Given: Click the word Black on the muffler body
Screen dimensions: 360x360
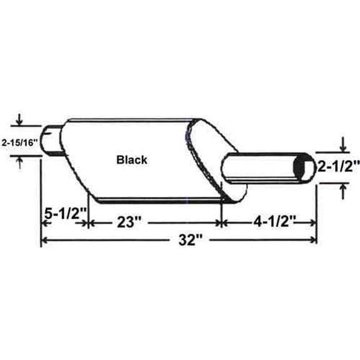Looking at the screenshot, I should point(132,159).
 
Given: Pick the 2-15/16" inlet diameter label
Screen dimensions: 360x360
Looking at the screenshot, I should point(19,142).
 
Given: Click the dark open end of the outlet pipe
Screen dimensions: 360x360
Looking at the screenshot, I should point(305,167).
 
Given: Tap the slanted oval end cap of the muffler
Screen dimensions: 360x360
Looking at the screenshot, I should point(212,156).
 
